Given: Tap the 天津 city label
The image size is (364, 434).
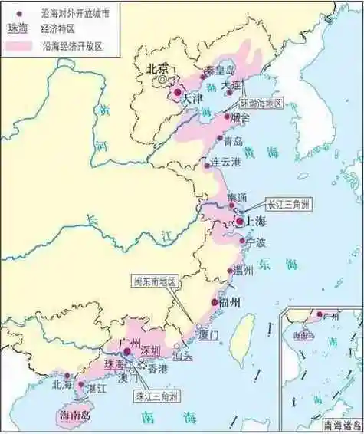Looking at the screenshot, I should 192,99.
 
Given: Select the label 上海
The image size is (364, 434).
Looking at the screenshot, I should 256,222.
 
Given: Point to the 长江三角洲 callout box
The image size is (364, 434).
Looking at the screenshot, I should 289,205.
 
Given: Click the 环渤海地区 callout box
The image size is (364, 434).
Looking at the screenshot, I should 259,103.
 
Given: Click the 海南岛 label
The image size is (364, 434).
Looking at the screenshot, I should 74,415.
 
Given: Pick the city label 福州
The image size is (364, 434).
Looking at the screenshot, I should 229,303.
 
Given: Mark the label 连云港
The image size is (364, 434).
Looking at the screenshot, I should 226,163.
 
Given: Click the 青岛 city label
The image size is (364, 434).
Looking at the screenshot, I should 233,141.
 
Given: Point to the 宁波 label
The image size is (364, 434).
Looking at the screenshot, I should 255,243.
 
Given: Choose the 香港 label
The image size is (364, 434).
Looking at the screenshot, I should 157,369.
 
